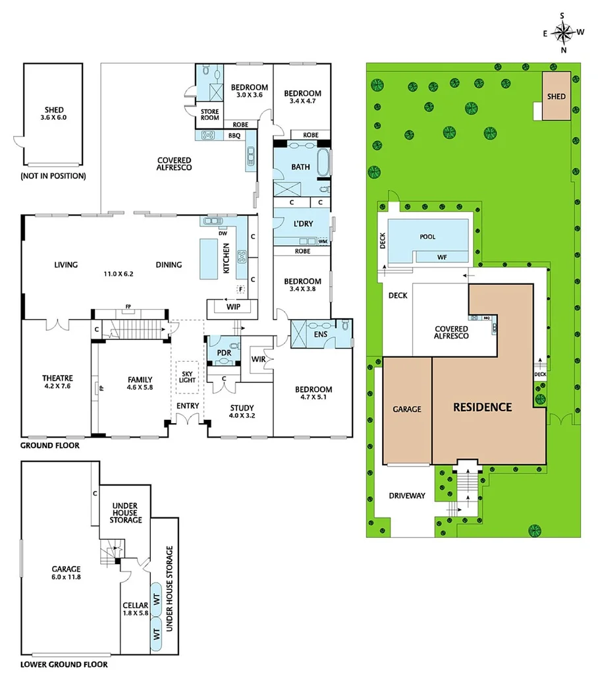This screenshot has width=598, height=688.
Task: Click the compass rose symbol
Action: [563, 32]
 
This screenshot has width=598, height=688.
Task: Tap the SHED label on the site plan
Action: [557, 96]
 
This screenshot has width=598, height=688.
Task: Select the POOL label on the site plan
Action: [428, 237]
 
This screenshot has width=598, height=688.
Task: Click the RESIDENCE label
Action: [482, 407]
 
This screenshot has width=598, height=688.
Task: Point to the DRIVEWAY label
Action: [406, 496]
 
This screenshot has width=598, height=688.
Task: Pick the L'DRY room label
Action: [303, 224]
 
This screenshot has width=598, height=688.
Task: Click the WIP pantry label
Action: [232, 307]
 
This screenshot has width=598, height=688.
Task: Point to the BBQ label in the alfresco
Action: [234, 136]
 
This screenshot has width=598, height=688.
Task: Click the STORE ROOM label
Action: [209, 115]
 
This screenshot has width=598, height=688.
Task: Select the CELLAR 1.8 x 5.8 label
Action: [134, 609]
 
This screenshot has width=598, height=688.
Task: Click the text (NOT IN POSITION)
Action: [53, 176]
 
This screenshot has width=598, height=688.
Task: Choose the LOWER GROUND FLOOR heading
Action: [64, 664]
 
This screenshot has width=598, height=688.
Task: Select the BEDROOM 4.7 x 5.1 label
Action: [313, 393]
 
